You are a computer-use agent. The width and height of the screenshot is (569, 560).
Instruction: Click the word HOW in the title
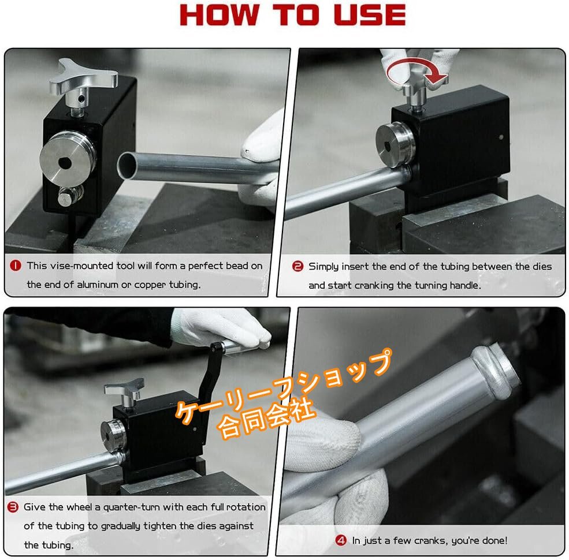click(219, 15)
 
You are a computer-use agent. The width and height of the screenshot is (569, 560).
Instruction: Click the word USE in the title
click(370, 15)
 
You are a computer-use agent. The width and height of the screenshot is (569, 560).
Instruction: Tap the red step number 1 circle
click(16, 266)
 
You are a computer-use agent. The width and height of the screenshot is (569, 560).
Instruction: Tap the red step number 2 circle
click(297, 267)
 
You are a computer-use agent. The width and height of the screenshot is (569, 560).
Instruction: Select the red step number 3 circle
click(13, 507)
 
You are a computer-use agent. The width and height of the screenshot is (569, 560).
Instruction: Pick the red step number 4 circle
click(341, 540)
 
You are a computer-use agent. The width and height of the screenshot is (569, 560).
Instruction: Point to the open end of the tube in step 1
click(127, 166)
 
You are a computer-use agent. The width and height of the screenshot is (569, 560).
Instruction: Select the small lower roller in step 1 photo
click(70, 196)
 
